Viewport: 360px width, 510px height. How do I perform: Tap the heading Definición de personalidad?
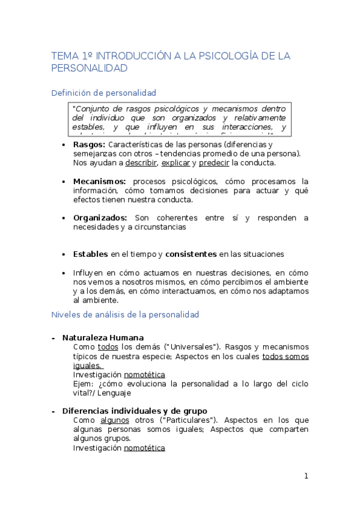point(104,93)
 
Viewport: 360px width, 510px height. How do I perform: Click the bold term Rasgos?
point(89,145)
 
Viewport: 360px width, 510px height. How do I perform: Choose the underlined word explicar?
point(175,163)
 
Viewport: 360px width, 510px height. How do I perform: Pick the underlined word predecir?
point(214,163)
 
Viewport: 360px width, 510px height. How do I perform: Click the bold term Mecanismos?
point(100,181)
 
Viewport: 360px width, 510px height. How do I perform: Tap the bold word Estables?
point(90,254)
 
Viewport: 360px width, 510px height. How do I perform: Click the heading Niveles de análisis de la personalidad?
point(125,315)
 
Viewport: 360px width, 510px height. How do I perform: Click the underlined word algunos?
point(115,420)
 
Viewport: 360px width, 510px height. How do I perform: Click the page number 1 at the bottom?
point(306,476)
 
